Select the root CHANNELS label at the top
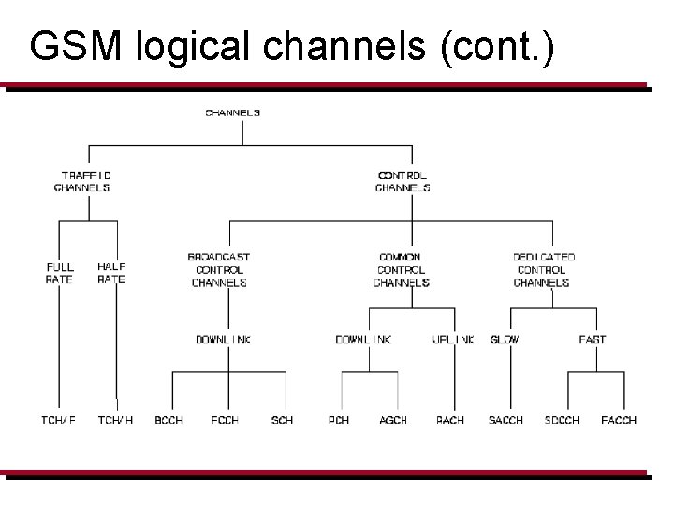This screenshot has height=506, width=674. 233,113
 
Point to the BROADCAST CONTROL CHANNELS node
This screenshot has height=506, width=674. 219,270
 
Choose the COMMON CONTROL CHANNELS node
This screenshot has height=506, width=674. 401,270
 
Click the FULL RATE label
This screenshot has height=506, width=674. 60,274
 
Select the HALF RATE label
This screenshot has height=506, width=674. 111,274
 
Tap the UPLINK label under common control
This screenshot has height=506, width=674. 453,340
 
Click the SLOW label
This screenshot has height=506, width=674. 505,340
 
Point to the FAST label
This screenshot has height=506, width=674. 592,340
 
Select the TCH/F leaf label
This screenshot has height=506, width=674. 58,420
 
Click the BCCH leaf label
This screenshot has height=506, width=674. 168,420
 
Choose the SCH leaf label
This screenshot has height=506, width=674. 282,420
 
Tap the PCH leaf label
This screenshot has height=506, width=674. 339,420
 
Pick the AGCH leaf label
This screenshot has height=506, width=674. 393,420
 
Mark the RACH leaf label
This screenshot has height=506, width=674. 450,420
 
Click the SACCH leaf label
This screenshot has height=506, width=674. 505,420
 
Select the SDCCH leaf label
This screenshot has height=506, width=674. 562,420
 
